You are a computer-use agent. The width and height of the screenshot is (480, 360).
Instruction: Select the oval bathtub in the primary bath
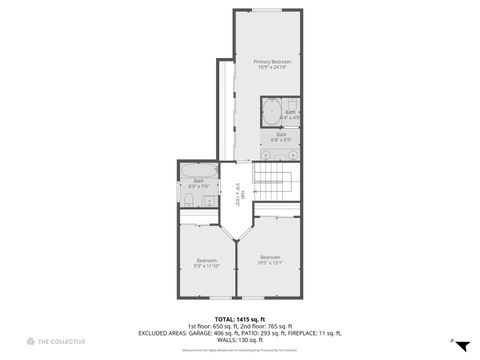tap(272, 112)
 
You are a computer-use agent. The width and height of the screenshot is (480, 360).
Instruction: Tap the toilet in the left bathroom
tap(189, 200)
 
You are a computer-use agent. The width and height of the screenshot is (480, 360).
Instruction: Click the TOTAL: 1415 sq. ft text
tap(239, 318)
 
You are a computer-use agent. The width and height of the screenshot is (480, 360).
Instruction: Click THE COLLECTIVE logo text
tap(58, 342)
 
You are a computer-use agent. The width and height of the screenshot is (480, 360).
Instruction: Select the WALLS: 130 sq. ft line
tap(239, 340)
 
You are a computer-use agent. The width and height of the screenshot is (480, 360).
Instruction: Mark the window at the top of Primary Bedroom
tap(267, 10)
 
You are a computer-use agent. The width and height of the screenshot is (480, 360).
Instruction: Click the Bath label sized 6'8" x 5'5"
tap(281, 136)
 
